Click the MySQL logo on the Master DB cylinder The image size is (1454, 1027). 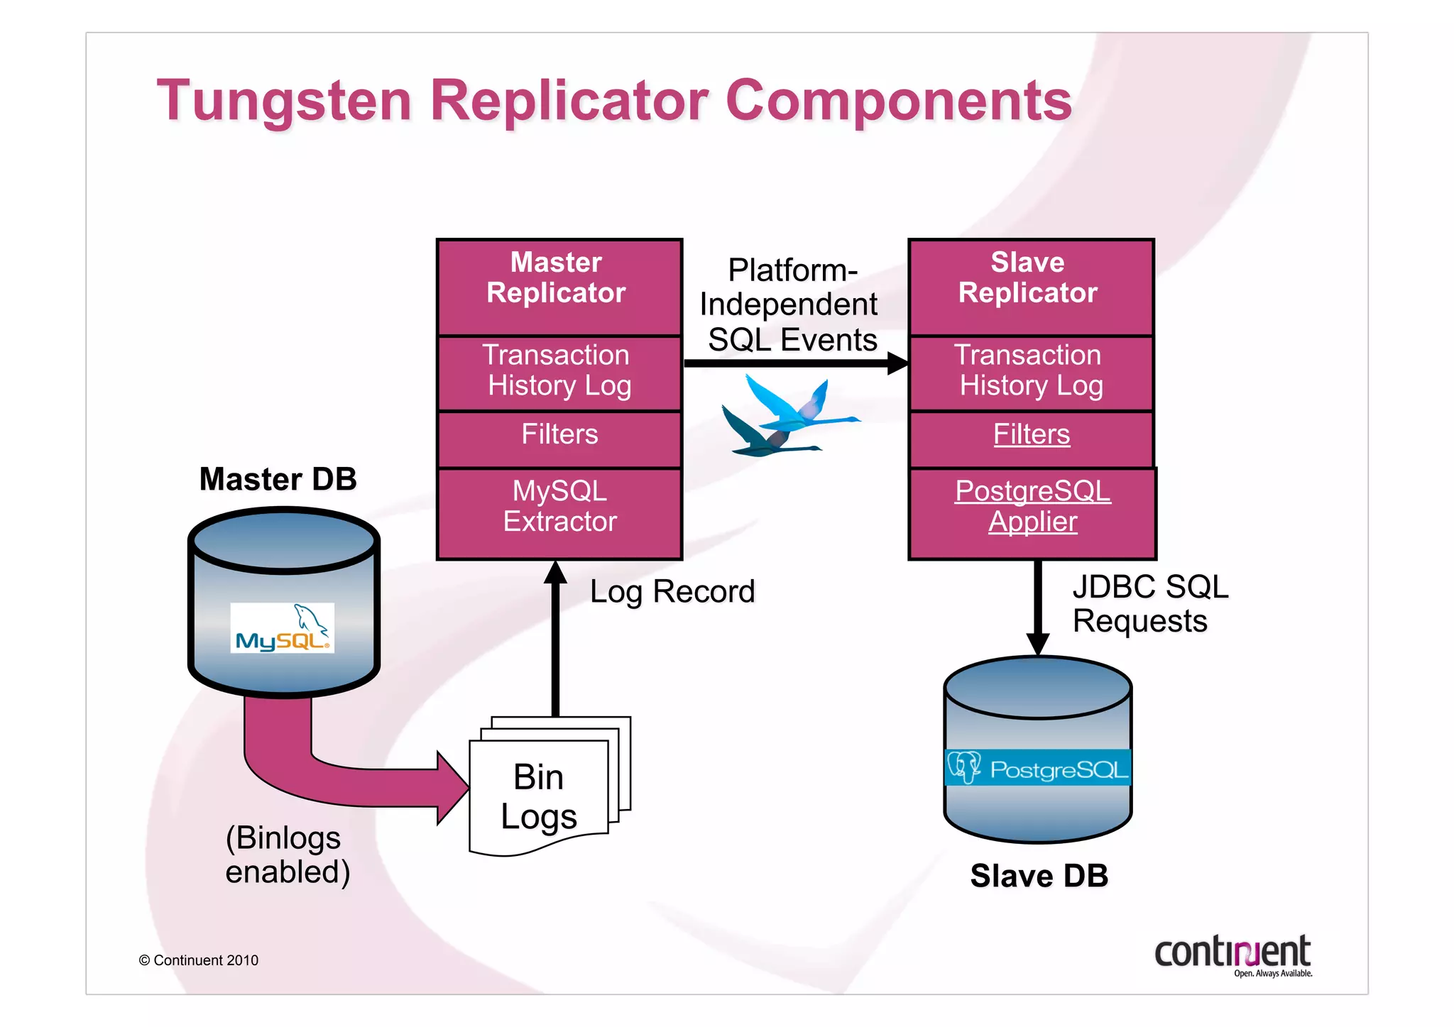click(x=282, y=628)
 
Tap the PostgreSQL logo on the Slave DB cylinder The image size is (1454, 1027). click(x=1037, y=768)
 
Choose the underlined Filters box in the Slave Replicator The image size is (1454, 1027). click(x=1031, y=435)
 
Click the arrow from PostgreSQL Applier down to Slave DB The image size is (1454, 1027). click(x=1037, y=607)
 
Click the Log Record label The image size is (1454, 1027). click(x=672, y=592)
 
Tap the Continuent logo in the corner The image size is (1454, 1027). click(x=1232, y=955)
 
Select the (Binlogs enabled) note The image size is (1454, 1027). click(x=287, y=855)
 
